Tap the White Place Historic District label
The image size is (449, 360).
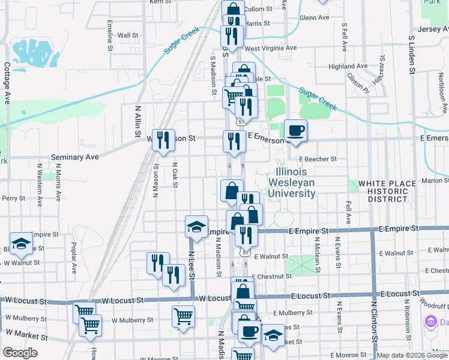click(x=387, y=190)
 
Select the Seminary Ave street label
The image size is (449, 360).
click(x=74, y=157)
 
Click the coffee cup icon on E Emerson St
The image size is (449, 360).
click(x=295, y=131)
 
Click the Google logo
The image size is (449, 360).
click(x=19, y=353)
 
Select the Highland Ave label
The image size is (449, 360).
click(x=348, y=66)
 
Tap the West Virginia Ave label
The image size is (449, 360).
click(x=271, y=48)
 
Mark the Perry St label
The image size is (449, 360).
click(x=13, y=197)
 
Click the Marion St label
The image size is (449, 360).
click(x=435, y=180)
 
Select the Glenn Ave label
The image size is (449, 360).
click(x=315, y=17)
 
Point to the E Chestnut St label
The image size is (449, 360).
click(x=272, y=277)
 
